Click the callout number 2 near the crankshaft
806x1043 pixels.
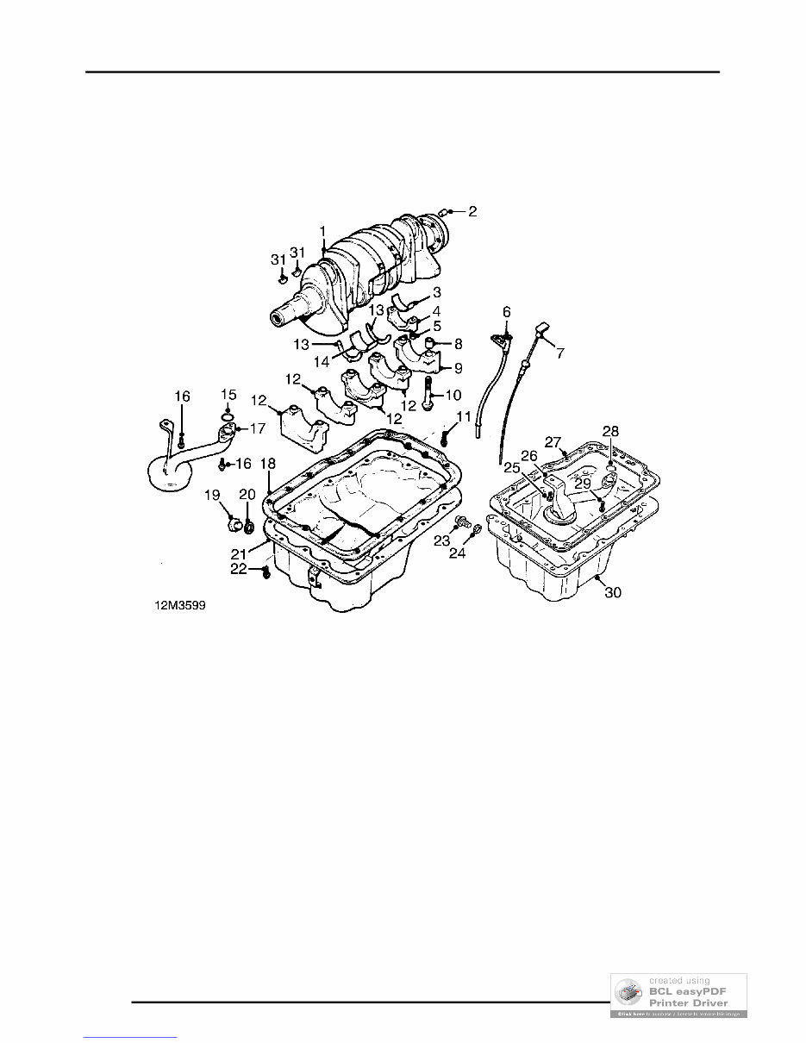472,210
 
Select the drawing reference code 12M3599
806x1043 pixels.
181,606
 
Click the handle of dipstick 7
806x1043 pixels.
542,328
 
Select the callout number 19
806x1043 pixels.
212,494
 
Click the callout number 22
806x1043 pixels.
239,569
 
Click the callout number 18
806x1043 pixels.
268,463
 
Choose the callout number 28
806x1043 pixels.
610,431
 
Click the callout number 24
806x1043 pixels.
458,553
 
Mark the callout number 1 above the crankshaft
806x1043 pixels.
322,231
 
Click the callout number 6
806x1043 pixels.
506,311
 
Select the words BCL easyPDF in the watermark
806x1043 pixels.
686,991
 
